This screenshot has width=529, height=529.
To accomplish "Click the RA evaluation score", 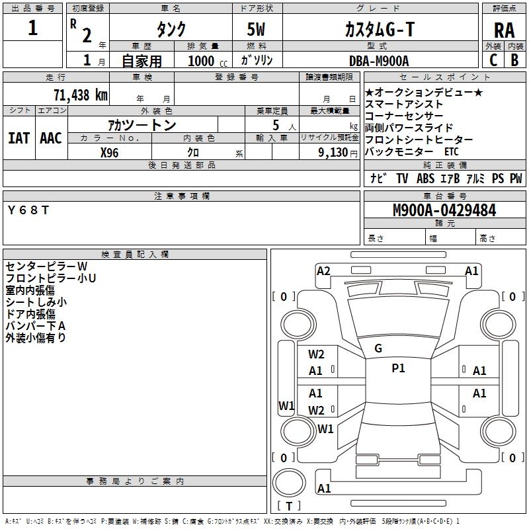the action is (503, 30).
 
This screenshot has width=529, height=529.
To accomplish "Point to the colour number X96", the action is (109, 152).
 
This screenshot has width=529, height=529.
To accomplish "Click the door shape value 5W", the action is (257, 29).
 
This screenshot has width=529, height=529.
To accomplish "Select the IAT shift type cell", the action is (19, 138).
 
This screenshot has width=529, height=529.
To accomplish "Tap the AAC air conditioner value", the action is (50, 138).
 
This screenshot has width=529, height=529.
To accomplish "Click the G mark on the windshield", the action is (378, 348).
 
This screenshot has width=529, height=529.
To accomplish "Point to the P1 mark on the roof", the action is (398, 368).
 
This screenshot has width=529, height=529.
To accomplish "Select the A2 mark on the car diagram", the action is (323, 270).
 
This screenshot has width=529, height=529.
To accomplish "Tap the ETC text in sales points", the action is (451, 152).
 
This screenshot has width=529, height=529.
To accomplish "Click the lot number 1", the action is (33, 28).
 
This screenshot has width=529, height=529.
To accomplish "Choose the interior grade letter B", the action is (514, 60).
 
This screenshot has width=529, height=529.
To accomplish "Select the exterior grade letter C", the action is (493, 60).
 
